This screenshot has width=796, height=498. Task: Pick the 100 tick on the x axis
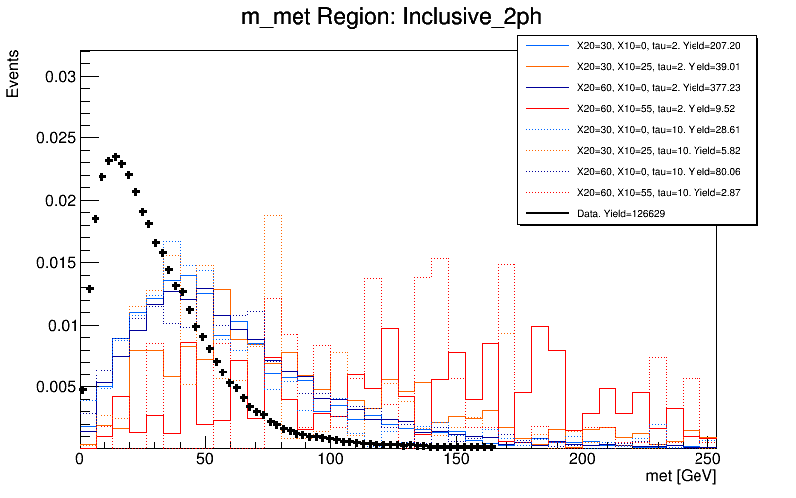click(x=330, y=460)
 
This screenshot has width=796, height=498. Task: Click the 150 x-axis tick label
click(x=456, y=460)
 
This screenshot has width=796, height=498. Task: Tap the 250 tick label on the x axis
click(x=707, y=460)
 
